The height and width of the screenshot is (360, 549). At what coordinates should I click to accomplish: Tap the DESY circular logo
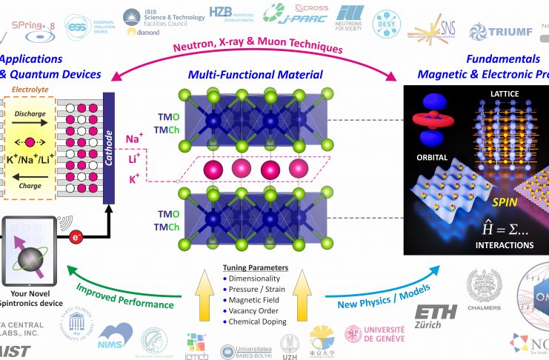tap(385, 25)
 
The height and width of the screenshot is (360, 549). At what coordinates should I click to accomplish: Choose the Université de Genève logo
tap(374, 334)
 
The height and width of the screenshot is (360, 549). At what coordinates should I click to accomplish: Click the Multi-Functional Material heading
tap(256, 75)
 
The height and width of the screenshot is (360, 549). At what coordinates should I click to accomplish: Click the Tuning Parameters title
tap(256, 268)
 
